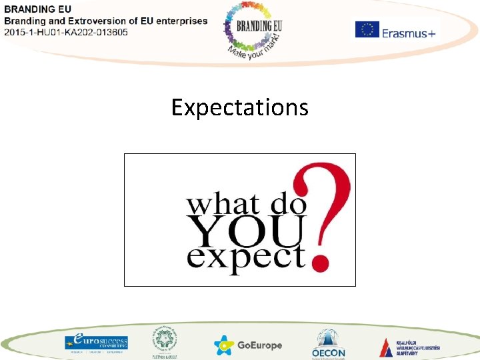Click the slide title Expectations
click(x=239, y=107)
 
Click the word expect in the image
click(x=246, y=257)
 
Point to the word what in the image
click(x=217, y=203)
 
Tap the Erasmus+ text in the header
click(x=408, y=32)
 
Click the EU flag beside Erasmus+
click(x=367, y=29)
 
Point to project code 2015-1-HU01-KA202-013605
click(x=67, y=31)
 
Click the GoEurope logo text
click(x=260, y=345)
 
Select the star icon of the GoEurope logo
click(x=224, y=345)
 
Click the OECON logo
click(x=328, y=343)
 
